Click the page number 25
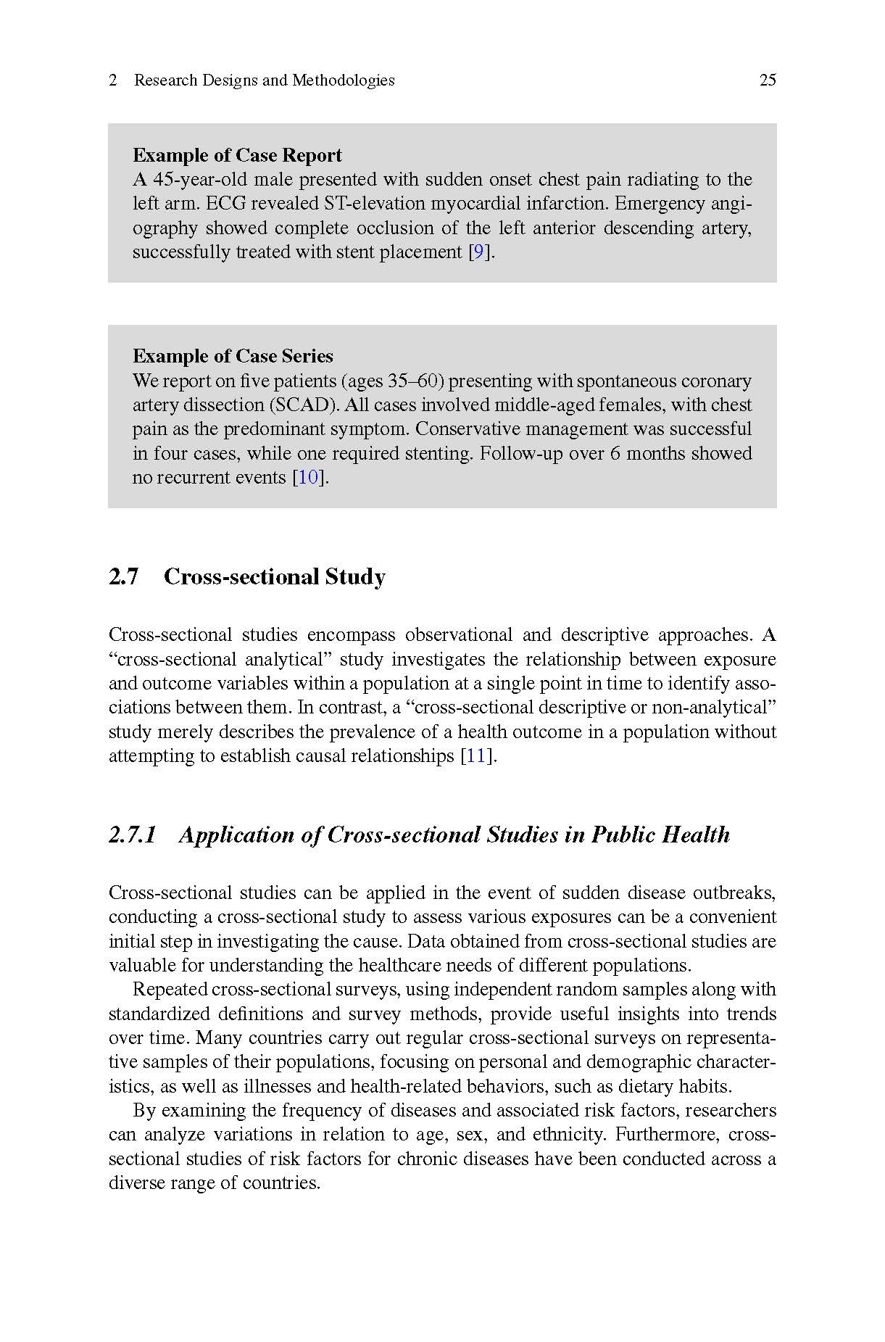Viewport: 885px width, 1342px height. point(768,80)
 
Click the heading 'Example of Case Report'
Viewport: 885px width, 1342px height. point(237,155)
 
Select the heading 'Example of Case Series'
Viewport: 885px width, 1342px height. point(233,356)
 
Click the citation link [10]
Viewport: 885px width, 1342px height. point(309,478)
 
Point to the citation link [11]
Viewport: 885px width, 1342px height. point(476,756)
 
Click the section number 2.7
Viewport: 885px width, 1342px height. point(123,577)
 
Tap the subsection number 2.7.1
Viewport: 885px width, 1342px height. point(133,835)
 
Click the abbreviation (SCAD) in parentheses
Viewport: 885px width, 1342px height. point(299,405)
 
